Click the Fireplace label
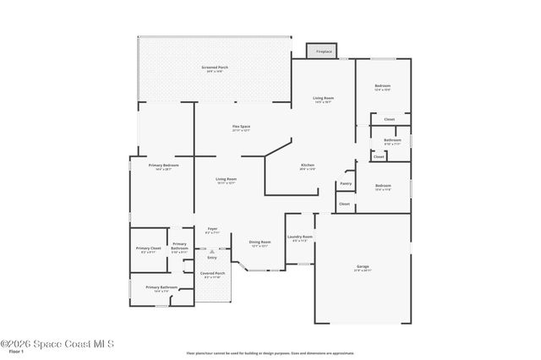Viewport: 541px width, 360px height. tap(325, 52)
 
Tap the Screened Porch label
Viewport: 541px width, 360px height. tap(215, 68)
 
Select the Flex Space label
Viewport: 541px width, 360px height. tap(241, 127)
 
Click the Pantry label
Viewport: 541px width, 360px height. tap(346, 183)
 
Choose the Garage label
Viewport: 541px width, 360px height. tap(362, 267)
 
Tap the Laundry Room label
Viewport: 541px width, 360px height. tap(300, 237)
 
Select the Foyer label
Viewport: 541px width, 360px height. tap(212, 229)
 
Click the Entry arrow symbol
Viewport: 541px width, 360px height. tap(212, 251)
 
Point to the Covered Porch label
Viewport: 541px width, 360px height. tap(212, 274)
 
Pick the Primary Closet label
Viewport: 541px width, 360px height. tap(148, 248)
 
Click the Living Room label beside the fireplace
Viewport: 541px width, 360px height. tap(323, 99)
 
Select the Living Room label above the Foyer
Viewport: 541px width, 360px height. tap(226, 180)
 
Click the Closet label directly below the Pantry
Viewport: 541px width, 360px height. tap(344, 204)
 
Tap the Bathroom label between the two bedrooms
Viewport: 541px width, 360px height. tap(391, 140)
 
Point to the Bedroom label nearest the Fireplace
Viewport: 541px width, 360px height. tap(383, 86)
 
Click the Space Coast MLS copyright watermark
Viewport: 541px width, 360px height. tap(57, 343)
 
